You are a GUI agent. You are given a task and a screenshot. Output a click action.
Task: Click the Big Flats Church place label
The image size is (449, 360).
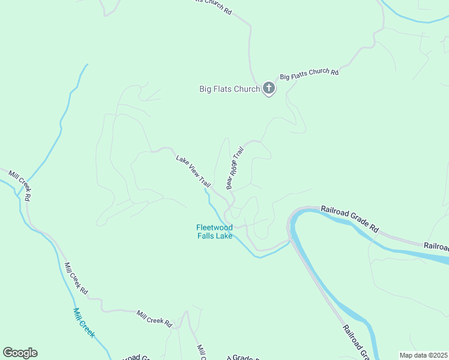(x=229, y=89)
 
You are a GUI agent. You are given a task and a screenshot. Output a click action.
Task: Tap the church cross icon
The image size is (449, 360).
(x=269, y=89)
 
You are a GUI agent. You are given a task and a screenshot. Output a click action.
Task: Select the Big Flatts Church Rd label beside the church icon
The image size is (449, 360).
(x=309, y=74)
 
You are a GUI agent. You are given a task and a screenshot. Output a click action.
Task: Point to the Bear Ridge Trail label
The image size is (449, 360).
(x=235, y=168)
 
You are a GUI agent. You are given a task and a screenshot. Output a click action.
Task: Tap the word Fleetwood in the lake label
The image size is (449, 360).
(x=214, y=227)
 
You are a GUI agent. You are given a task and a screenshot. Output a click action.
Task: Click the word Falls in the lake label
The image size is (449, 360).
(x=206, y=236)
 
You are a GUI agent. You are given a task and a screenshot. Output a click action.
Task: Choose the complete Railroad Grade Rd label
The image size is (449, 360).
(x=350, y=219)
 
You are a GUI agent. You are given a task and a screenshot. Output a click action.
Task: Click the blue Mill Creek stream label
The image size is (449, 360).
(x=83, y=322)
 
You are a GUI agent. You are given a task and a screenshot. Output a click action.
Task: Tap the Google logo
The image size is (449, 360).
(x=20, y=353)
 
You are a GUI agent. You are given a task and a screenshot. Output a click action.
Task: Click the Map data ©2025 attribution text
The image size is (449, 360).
(x=423, y=355)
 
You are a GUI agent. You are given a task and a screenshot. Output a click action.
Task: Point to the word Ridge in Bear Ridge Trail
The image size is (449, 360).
(x=234, y=169)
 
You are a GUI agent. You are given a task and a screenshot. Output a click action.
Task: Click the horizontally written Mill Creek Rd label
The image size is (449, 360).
(x=154, y=317)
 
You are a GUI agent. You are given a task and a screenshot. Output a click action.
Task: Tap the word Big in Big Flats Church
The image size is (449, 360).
(x=205, y=89)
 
